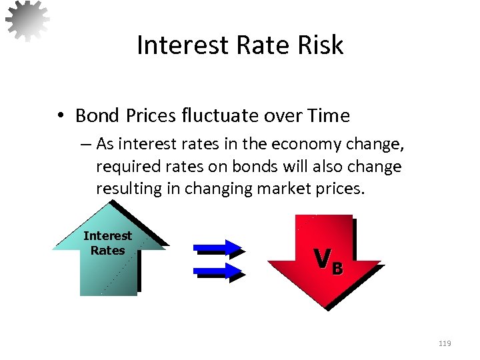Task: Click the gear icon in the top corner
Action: point(27,20)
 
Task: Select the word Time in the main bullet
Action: point(328,116)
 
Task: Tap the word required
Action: point(121,167)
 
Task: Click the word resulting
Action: point(129,189)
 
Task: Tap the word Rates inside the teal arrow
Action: point(108,251)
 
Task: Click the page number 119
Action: point(445,343)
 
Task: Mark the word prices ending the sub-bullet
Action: point(342,189)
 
